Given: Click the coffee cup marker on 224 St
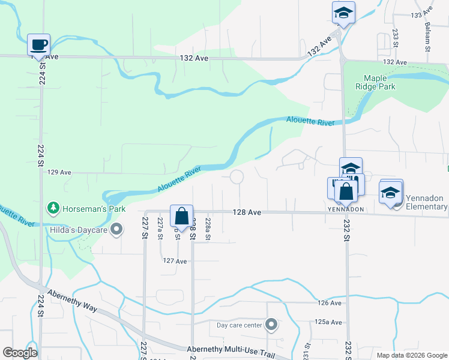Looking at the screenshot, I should coord(39,44).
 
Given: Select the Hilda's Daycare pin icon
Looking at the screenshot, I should coord(116,229).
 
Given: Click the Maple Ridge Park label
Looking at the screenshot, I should coord(379,82).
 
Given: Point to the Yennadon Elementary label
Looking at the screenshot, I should coord(426,203).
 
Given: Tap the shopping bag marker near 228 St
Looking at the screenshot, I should coord(181,217).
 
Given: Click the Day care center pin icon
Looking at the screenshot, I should coord(271,325).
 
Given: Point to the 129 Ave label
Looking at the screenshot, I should coord(59,172).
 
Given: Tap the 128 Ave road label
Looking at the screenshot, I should coord(247,212).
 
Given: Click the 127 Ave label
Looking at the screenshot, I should coord(175,261).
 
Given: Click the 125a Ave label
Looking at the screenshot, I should coord(328,322).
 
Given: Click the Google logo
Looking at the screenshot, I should coord(19,352).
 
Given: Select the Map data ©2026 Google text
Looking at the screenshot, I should coord(411,355).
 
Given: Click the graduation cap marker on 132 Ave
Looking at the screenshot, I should coord(344,13).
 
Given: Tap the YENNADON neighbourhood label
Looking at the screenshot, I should coord(346,209).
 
